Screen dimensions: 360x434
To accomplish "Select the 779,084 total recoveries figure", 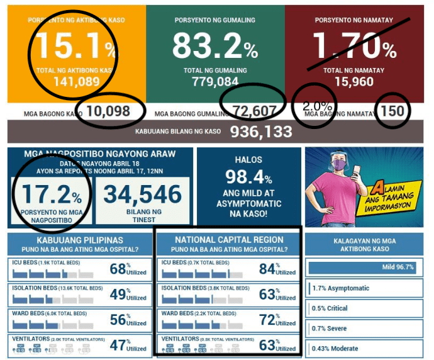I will (x=215, y=82).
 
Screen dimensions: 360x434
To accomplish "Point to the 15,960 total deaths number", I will (x=353, y=82).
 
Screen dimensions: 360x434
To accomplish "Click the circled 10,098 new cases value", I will (x=108, y=112).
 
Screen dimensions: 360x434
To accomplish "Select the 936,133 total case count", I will (x=260, y=132).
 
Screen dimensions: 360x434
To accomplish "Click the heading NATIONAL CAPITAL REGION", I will (x=229, y=240).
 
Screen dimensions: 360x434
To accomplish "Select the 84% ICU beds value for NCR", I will (x=268, y=269).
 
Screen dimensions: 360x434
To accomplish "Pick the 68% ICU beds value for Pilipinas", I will (x=119, y=269).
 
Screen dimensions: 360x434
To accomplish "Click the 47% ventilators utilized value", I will (x=119, y=344).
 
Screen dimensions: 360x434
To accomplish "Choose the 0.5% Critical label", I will (x=330, y=308).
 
